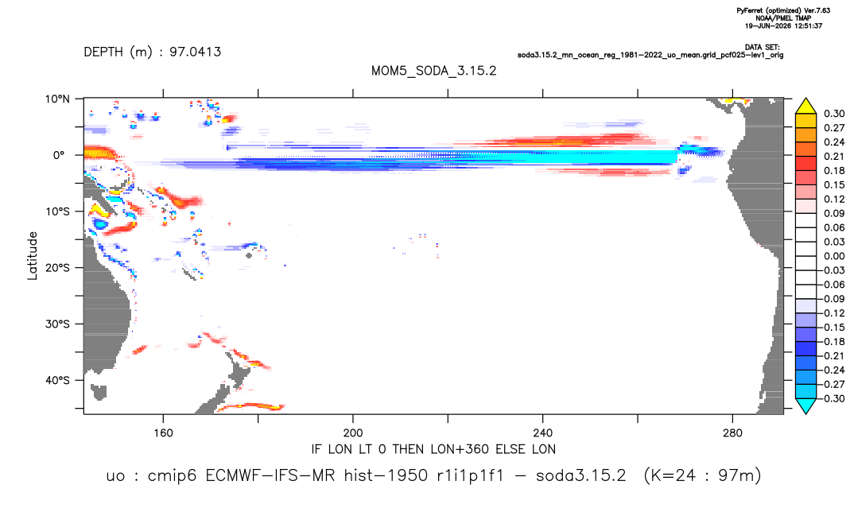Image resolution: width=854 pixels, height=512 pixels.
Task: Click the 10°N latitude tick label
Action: tap(57, 99)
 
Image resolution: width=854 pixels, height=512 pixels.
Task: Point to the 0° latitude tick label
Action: tap(59, 155)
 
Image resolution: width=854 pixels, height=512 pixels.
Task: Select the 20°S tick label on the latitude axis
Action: tap(57, 268)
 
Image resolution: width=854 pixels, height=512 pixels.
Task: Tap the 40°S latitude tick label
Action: tap(57, 380)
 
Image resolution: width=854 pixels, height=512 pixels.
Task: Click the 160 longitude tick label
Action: tap(163, 433)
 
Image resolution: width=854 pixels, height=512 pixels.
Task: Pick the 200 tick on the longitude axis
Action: tap(353, 433)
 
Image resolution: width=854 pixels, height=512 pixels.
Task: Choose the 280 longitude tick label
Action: tap(732, 433)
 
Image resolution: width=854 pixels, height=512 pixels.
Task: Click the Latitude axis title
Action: tap(33, 256)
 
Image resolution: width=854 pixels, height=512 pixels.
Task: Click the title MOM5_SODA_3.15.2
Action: tap(434, 72)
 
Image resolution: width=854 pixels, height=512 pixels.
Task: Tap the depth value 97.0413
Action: tap(195, 52)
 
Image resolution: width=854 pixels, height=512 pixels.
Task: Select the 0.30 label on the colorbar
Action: tap(834, 114)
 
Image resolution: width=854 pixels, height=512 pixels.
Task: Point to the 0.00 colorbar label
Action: tap(834, 256)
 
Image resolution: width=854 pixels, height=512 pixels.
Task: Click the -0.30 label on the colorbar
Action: tap(832, 398)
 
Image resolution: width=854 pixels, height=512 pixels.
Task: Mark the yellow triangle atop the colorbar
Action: tap(805, 107)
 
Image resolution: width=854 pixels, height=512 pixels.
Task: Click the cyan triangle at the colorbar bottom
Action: tap(805, 405)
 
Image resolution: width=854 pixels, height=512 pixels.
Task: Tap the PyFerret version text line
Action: tap(783, 11)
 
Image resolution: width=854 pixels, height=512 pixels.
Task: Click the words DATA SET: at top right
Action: tap(762, 48)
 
